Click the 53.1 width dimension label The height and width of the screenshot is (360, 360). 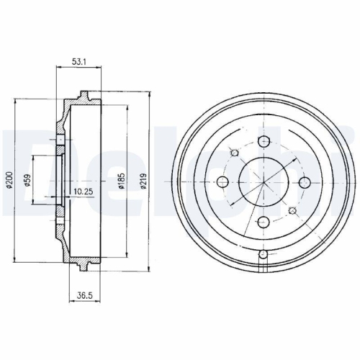coord(79,62)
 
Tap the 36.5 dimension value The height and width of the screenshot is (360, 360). coord(84,295)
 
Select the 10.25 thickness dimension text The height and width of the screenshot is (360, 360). coord(84,192)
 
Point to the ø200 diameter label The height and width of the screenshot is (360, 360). coord(9,179)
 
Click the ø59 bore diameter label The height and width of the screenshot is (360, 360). coord(27,180)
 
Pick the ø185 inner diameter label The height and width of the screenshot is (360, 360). coord(122,180)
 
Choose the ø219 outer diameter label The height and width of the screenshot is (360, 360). coord(143,181)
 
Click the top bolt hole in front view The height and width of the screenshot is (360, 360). coord(264,141)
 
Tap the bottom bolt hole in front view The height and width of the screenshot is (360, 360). coord(264,222)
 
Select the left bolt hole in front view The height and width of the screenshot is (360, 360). coord(222,182)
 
